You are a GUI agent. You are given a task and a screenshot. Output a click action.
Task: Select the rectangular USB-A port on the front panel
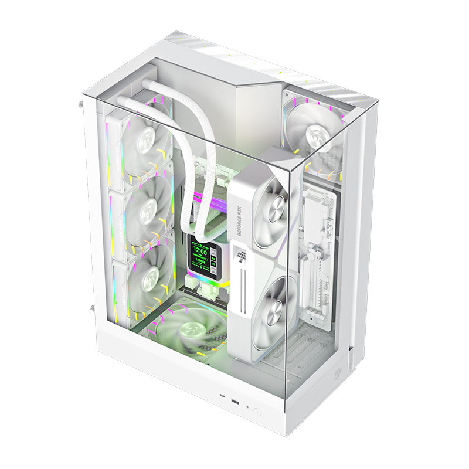point(235,403)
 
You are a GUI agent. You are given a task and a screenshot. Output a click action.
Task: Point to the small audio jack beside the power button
point(247,407)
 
